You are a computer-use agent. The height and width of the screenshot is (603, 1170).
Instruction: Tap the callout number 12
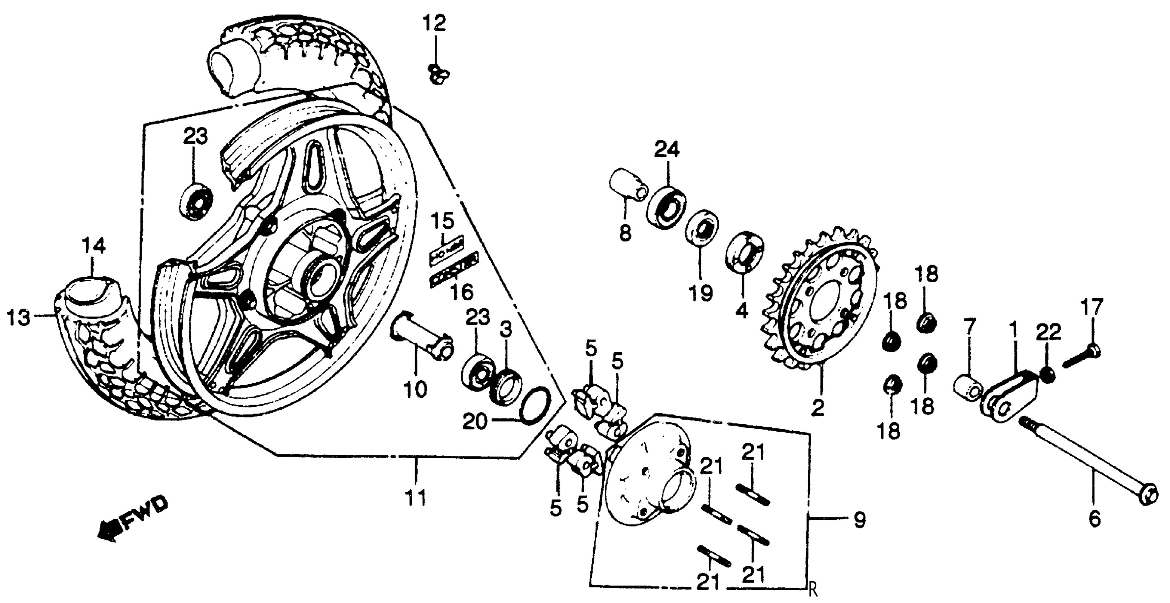point(435,23)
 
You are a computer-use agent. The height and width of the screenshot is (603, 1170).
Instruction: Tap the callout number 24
point(667,149)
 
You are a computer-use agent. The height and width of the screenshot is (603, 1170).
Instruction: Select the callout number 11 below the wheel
point(416,498)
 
